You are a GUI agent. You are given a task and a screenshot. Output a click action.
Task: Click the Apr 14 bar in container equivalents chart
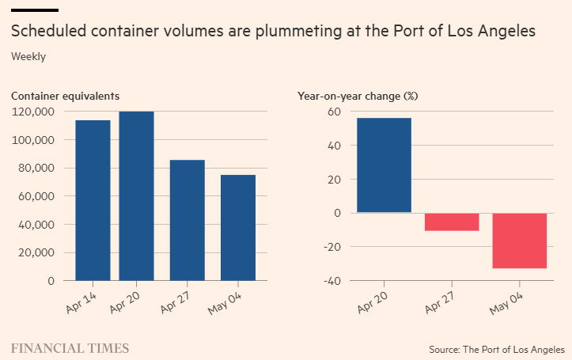93,200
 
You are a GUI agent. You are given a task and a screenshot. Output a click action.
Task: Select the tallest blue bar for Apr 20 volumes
136,195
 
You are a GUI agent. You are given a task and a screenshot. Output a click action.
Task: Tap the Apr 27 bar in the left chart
188,220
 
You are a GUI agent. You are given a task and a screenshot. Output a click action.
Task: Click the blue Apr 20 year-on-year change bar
384,165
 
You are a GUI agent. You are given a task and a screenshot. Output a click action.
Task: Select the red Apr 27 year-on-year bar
452,222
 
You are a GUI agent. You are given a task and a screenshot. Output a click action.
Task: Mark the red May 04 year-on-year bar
520,241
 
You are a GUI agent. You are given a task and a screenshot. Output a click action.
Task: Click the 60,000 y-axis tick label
36,196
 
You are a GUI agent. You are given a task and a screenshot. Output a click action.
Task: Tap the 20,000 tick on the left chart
36,252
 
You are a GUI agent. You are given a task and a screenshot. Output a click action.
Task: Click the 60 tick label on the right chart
333,112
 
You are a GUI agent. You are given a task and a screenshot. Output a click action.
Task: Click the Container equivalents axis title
65,96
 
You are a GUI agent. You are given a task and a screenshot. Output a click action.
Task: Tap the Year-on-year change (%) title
358,96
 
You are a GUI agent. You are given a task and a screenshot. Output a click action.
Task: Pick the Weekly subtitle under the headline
28,56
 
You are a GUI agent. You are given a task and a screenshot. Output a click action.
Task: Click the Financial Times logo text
70,348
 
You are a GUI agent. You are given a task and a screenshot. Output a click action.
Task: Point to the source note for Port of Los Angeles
497,349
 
